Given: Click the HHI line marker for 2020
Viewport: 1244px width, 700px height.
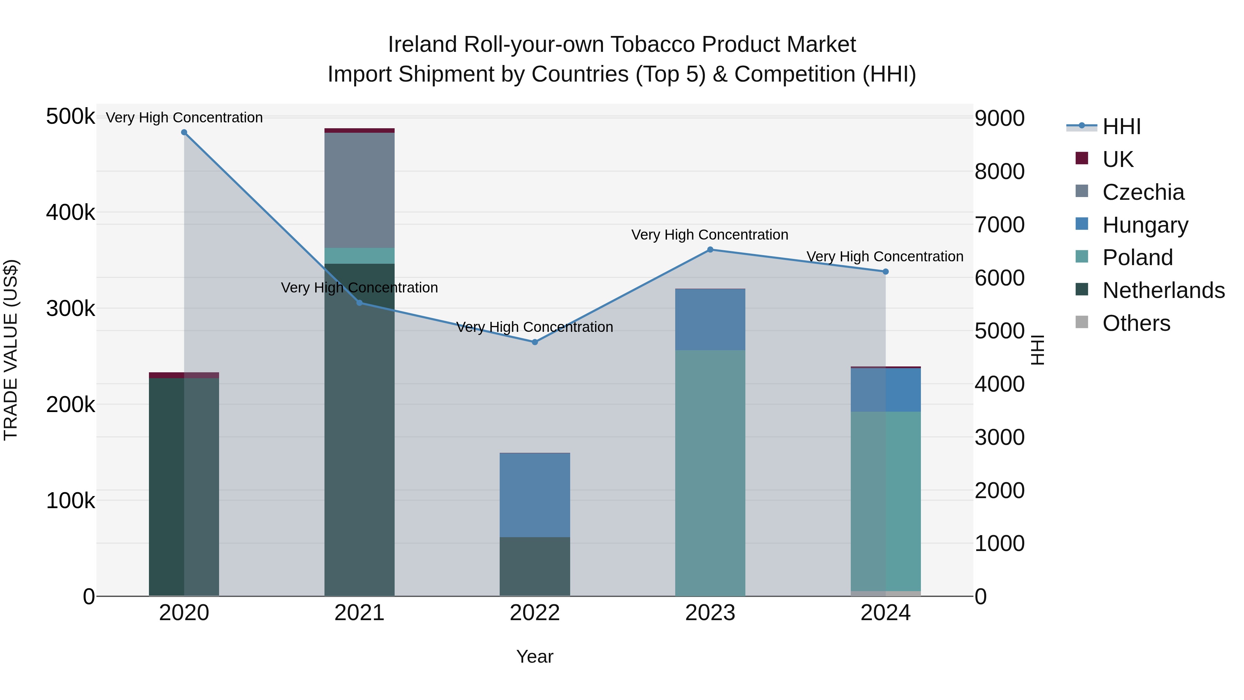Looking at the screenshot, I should click(184, 132).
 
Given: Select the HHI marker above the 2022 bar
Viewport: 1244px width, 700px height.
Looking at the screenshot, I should click(535, 342).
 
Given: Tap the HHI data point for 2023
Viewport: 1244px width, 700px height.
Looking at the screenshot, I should click(710, 250).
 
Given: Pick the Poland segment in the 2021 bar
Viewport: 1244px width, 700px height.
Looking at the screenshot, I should click(359, 255).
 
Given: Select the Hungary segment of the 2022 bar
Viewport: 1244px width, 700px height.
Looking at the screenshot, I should click(535, 495).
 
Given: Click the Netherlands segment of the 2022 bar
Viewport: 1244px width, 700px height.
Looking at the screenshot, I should click(535, 566).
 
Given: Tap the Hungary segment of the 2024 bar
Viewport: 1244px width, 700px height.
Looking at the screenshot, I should click(885, 390).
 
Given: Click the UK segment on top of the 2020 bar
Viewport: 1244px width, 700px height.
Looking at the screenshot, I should click(184, 375).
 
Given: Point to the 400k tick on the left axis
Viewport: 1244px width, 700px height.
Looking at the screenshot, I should click(70, 212).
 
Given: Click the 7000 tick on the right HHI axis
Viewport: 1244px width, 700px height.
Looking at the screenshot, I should click(999, 225).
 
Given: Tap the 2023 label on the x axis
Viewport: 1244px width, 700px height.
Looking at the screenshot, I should click(710, 613).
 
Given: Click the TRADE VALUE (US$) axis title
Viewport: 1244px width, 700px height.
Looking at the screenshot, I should click(11, 350).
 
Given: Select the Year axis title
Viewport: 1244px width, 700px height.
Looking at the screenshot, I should click(535, 656).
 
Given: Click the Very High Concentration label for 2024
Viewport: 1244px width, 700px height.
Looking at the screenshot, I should click(885, 256).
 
